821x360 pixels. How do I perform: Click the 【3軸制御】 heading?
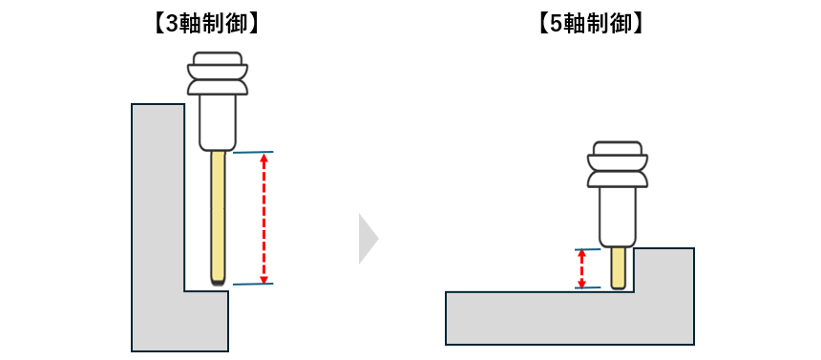tap(206, 24)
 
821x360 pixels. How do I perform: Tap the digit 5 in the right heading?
tap(557, 24)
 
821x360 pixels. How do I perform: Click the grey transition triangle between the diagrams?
tap(368, 239)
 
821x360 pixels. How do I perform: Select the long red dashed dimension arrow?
tap(264, 218)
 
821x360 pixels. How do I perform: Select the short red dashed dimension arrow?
tap(581, 268)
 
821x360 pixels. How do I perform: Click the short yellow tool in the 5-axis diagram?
tap(619, 267)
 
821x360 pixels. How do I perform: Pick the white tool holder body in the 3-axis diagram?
tap(218, 122)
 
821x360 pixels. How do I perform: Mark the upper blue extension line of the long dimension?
tap(253, 152)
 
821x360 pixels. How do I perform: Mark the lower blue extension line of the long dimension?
tap(253, 284)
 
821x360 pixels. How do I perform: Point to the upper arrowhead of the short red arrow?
tap(581, 254)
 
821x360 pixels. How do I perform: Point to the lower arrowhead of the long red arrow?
tap(264, 279)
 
